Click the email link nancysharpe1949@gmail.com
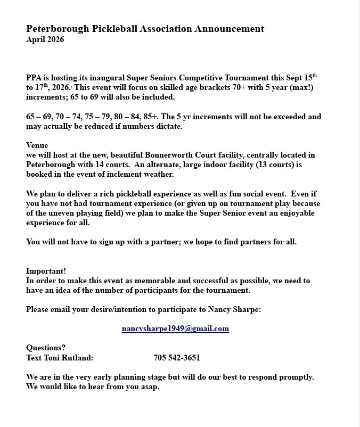click(175, 329)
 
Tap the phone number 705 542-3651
click(177, 358)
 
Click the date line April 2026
click(45, 40)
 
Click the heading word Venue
click(37, 145)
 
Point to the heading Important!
click(46, 271)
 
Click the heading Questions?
click(46, 348)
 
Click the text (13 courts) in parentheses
click(265, 165)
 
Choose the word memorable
click(152, 281)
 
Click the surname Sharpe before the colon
click(246, 309)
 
